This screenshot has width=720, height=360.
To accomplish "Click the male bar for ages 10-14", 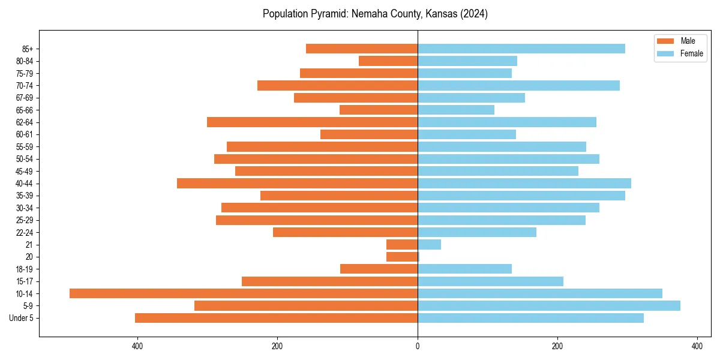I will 243,293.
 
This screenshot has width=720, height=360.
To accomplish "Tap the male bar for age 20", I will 402,257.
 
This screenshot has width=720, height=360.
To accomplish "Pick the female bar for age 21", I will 429,244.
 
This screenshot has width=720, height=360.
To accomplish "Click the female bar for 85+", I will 521,49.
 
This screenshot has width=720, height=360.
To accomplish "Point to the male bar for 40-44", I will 297,183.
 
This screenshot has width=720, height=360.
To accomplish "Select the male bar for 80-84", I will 388,61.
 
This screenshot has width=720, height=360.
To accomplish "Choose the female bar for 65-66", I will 456,110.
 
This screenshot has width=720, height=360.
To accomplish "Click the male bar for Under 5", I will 276,318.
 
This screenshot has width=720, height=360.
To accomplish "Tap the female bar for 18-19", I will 464,269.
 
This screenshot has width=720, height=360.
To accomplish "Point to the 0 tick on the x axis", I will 418,346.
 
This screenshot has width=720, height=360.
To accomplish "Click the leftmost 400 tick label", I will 137,346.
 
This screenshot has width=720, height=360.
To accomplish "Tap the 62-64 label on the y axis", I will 25,122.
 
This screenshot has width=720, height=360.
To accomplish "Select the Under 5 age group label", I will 22,318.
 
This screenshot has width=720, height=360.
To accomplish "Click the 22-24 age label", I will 25,232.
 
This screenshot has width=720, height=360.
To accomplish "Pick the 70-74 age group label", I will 25,85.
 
